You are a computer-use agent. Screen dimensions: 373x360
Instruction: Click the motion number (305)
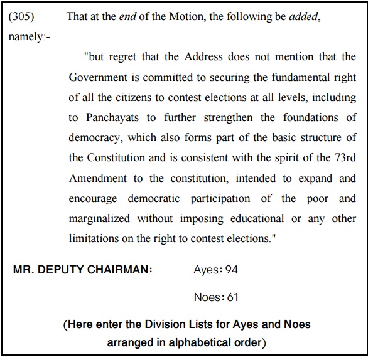[21, 16]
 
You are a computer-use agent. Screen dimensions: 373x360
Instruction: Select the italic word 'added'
[305, 16]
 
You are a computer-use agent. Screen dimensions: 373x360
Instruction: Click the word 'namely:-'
[30, 36]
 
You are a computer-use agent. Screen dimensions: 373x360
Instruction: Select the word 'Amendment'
[97, 178]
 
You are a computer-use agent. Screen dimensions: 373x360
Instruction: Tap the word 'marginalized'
[100, 218]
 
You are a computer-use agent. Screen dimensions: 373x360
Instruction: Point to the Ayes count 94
[232, 270]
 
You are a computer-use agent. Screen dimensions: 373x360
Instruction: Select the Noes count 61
[232, 297]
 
